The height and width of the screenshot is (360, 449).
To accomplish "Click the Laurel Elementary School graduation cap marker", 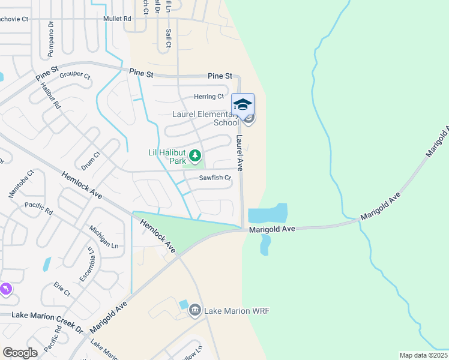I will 243,105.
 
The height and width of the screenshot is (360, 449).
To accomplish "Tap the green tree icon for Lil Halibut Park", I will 195,157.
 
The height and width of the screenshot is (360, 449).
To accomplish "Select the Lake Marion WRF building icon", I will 194,310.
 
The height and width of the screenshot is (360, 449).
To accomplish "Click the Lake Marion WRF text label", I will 237,311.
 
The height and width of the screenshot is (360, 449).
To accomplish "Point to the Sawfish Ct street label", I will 215,178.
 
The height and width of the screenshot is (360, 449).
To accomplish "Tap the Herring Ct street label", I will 209,97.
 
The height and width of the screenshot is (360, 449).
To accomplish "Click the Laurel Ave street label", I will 240,152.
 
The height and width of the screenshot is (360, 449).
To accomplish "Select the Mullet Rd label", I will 117,19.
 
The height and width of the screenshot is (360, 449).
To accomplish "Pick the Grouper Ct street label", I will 75,76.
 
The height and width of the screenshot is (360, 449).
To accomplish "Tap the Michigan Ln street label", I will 104,237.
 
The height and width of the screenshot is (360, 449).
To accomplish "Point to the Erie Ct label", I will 62,289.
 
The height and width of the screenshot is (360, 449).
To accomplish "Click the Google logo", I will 20,353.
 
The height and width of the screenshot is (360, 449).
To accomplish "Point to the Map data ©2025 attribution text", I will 423,355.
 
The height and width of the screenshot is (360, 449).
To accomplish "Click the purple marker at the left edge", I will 5,290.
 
